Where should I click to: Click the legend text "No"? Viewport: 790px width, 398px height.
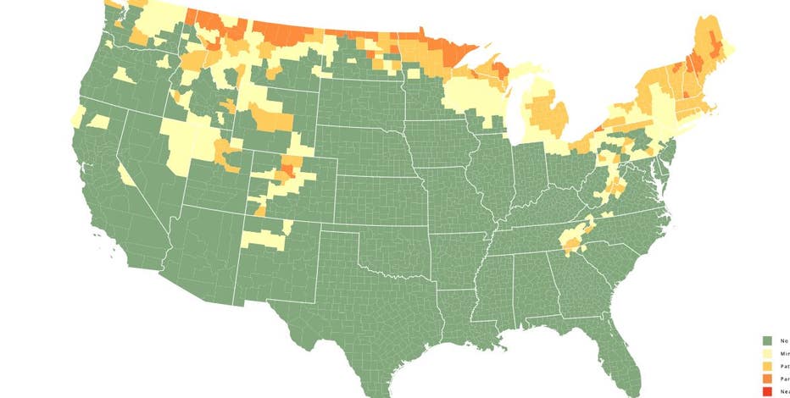[x=784, y=340]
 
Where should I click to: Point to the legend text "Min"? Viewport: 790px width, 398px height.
[x=785, y=353]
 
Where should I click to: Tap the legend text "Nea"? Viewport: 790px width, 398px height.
[x=785, y=392]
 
